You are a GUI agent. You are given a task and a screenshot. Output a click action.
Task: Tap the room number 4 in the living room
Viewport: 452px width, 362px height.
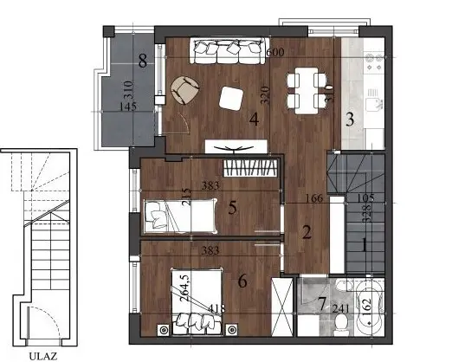[x=254, y=120]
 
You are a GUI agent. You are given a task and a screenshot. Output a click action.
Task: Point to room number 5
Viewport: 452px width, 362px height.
[x=233, y=208]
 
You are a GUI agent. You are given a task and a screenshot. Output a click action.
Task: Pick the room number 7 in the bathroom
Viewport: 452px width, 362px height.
[x=321, y=304]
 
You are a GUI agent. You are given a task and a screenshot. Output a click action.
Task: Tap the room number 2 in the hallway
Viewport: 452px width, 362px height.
[x=306, y=231]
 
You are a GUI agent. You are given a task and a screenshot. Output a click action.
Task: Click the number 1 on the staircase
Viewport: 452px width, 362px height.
[x=365, y=244]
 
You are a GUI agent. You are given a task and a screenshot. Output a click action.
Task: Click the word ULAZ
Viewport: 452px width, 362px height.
[x=42, y=354]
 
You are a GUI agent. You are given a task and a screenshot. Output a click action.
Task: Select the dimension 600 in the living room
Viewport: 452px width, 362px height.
[x=275, y=52]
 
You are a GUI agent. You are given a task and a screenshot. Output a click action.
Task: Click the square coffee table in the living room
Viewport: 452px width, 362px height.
[x=231, y=99]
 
